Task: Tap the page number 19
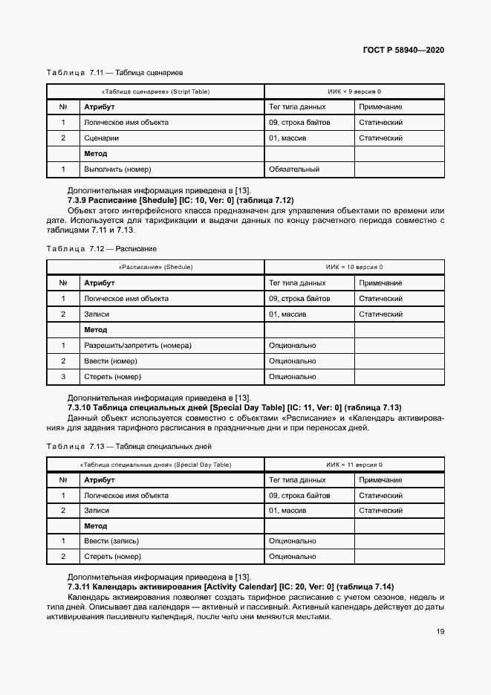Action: coord(440,632)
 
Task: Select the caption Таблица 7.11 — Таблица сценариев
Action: coord(114,73)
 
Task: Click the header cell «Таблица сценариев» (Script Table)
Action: coord(155,91)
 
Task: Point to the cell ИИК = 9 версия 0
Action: coord(354,91)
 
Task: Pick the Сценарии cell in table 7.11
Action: coord(102,138)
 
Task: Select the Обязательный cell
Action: coord(294,169)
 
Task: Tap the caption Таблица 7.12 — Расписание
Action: coord(101,248)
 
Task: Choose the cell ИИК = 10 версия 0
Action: coord(354,267)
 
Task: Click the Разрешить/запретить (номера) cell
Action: coord(137,346)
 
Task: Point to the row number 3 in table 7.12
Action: coord(63,377)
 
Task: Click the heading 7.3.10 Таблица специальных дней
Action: coord(234,407)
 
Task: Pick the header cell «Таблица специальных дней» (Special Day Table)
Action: coord(155,465)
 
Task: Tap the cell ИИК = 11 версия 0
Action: coord(354,465)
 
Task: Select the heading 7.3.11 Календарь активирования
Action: coord(231,587)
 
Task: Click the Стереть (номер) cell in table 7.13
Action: coord(112,556)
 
